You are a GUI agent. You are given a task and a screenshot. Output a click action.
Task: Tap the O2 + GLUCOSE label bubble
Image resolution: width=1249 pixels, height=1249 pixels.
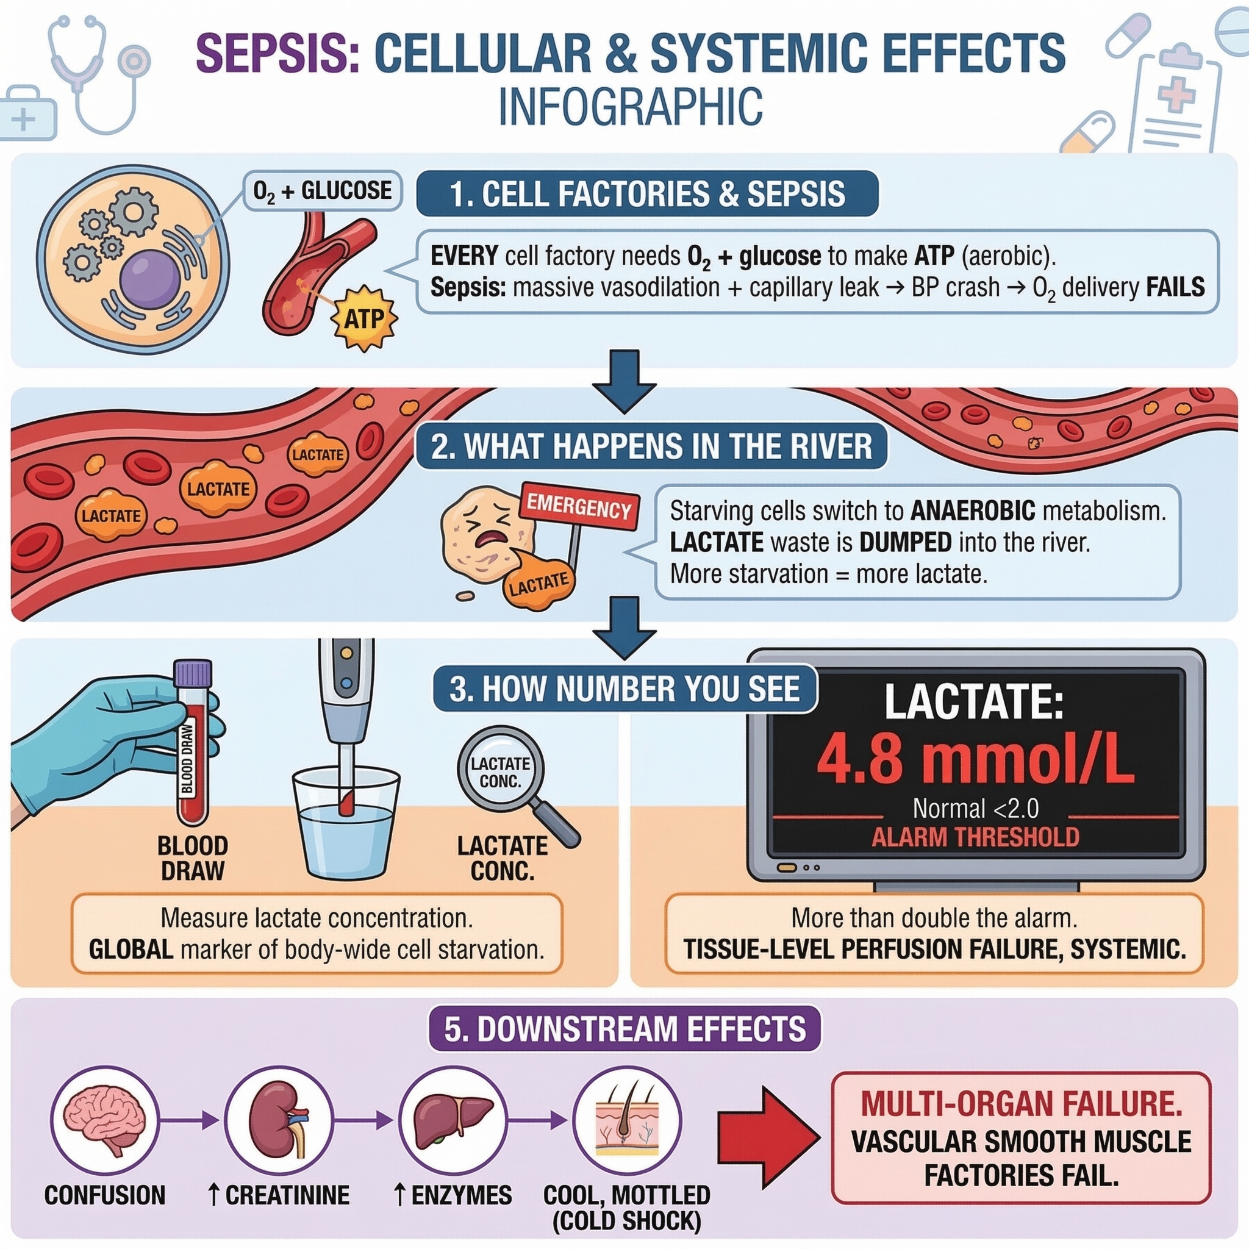pos(322,191)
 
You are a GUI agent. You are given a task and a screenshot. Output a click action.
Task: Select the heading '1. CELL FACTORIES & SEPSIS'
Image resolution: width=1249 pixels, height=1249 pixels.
pos(646,193)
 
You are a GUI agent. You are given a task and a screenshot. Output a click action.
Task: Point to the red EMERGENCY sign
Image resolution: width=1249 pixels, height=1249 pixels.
pos(579,506)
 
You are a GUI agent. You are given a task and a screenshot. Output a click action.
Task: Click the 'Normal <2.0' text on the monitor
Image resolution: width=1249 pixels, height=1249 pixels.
pos(975,808)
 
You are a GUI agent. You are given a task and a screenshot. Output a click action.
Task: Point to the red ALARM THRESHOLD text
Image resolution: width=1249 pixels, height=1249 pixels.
pos(975,837)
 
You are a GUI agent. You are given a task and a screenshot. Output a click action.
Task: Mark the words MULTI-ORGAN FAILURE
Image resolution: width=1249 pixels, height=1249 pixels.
pos(1022,1103)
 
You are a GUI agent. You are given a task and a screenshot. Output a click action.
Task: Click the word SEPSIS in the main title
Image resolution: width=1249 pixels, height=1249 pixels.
pos(277,53)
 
